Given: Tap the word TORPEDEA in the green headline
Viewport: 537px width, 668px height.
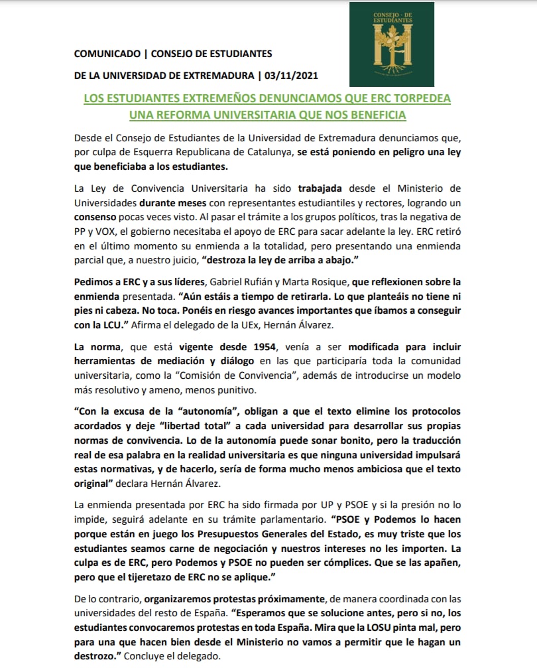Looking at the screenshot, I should pos(417,98).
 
